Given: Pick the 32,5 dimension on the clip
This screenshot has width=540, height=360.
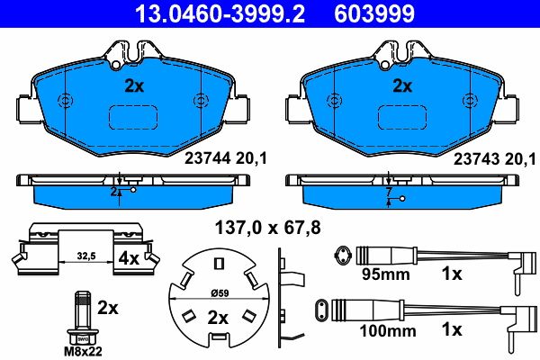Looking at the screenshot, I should [x=85, y=256].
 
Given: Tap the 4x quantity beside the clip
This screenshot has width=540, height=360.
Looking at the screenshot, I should [x=129, y=258].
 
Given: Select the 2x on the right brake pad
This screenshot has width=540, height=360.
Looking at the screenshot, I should [x=403, y=86].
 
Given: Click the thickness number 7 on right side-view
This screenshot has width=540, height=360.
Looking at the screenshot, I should [x=388, y=192].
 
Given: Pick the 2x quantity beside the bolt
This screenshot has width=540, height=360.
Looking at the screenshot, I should [x=108, y=308].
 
